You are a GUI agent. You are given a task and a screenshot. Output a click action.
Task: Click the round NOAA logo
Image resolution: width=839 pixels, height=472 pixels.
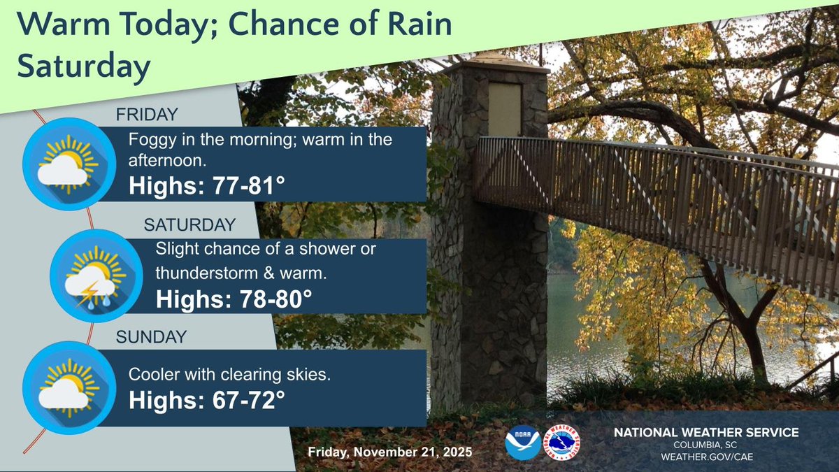tap(522, 443)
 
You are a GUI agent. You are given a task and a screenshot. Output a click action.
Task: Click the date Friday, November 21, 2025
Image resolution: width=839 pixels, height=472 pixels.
tap(390, 453)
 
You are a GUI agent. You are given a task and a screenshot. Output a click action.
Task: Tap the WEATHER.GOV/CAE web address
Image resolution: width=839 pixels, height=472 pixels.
tap(706, 457)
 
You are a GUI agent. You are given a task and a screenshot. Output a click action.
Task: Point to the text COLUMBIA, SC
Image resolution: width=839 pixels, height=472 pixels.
tap(706, 445)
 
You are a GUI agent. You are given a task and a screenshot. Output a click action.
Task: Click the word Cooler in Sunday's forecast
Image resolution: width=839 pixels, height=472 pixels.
tap(152, 375)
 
